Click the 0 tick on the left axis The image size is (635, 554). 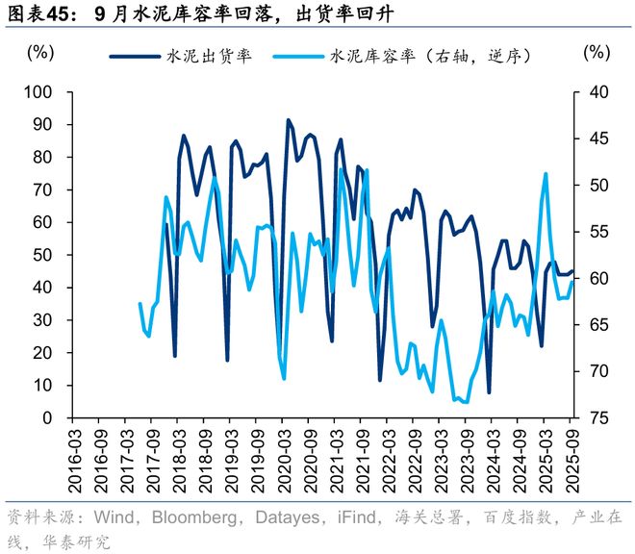47,418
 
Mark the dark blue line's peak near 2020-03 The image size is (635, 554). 288,120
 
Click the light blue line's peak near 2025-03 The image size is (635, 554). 546,174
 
